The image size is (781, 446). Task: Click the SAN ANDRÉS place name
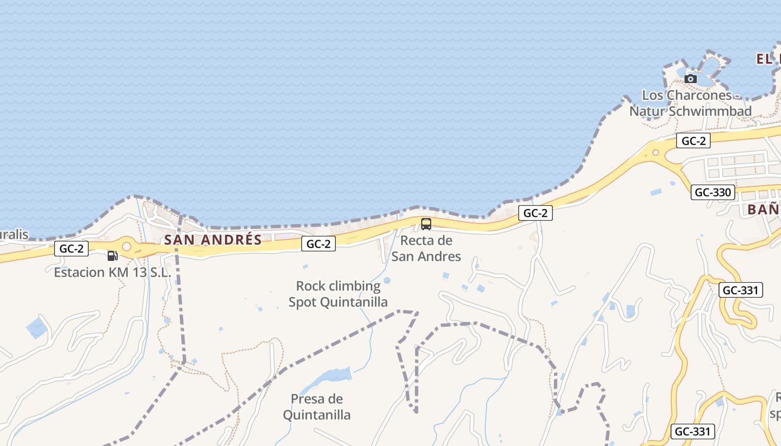coord(213,240)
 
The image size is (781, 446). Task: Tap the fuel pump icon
coord(112,256)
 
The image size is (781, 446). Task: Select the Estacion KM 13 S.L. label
coord(112,273)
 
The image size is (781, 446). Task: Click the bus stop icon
coord(426,224)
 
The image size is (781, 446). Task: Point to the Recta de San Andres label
coord(426,249)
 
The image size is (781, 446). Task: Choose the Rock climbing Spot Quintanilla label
coord(338,294)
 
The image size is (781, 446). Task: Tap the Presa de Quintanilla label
coord(317,407)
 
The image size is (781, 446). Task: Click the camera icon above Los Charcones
coord(691,79)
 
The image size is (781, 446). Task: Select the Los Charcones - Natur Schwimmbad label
coord(691,103)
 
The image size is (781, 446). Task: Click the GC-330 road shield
coord(713,193)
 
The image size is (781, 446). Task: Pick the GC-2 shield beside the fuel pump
coord(71,249)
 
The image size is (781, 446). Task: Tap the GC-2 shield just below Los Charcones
coord(693,141)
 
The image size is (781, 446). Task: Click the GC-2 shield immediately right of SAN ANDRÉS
coord(319,244)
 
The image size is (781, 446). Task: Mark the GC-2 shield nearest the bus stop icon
coord(535,212)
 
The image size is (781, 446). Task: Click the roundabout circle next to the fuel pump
coord(127,246)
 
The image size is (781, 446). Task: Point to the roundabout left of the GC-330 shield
coord(655,152)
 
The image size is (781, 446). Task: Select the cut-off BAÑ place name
coord(763,210)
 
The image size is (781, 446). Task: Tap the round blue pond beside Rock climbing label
coord(387,280)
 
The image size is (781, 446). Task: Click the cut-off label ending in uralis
coord(13,235)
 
